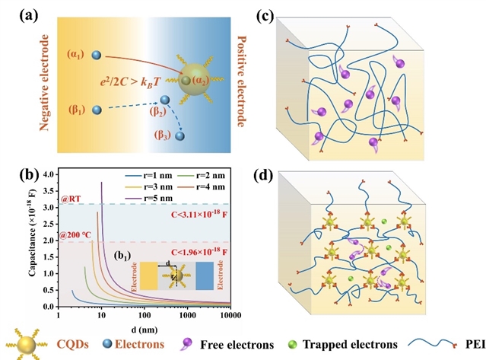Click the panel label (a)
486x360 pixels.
click(15, 13)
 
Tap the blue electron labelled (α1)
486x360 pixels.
click(96, 55)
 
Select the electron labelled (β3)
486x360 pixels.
click(179, 136)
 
